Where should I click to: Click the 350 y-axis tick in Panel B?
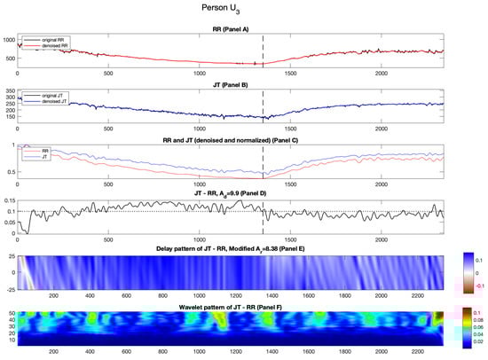point(12,91)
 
